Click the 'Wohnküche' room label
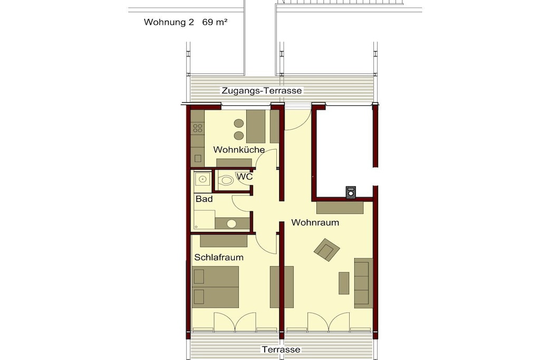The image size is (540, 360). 239,150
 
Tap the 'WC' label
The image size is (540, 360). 245,177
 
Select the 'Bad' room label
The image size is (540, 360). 204,199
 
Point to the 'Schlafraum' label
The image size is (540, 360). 219,257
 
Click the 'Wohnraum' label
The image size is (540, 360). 315,222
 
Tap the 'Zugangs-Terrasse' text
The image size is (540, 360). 262,91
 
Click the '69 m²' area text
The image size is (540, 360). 215,22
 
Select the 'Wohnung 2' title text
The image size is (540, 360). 169,22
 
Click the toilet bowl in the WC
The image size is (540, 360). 226,180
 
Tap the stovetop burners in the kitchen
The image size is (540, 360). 198,129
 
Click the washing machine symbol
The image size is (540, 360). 351,192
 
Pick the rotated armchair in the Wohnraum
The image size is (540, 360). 327,249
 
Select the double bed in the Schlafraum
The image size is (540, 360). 216,287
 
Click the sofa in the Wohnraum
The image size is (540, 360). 364,283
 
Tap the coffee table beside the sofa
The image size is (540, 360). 344,283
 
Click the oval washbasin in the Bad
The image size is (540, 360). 232,224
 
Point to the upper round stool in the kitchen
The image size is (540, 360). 239,123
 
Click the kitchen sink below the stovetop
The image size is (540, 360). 198,158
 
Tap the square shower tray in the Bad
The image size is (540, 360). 202,182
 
